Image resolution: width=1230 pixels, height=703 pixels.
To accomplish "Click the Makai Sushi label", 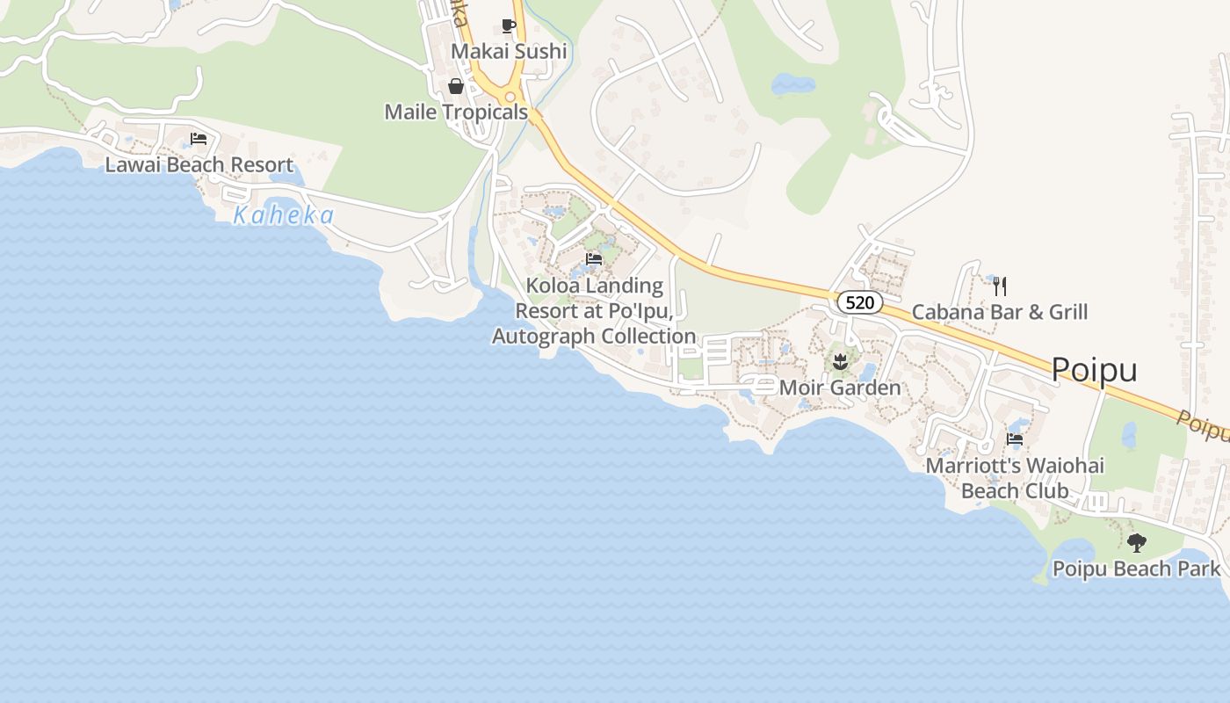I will click(x=508, y=52).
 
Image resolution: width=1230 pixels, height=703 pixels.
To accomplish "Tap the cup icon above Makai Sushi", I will click(x=508, y=25).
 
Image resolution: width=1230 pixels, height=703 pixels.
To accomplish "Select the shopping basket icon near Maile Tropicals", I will click(x=456, y=86).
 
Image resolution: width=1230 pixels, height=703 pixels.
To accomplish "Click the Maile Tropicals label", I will click(x=456, y=112).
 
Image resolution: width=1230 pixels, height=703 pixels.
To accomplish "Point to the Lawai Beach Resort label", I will click(x=199, y=165).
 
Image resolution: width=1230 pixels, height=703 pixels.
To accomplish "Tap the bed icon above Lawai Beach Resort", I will click(x=199, y=139).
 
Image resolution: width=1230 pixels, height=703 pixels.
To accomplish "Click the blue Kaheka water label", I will click(x=284, y=215).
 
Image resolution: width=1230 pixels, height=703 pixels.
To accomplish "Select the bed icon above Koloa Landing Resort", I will click(x=594, y=259).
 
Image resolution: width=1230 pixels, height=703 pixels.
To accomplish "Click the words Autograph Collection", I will click(x=594, y=337).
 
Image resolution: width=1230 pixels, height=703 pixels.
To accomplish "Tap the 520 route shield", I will click(x=859, y=303).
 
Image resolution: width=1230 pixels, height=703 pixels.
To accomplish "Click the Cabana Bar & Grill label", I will click(x=999, y=312).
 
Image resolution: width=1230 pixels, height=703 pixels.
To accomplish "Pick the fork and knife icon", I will click(x=999, y=286).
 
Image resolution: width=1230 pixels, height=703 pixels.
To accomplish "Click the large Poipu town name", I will click(x=1094, y=370).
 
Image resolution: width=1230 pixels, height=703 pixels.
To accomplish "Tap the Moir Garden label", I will click(x=840, y=388).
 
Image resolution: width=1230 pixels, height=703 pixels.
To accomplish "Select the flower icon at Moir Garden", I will click(x=840, y=360).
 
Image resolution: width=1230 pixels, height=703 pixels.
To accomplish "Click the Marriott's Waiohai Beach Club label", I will click(x=1015, y=478).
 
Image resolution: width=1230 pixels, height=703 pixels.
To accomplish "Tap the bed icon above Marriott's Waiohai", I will click(x=1015, y=439).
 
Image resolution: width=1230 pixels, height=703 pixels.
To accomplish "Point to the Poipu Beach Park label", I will click(x=1136, y=569).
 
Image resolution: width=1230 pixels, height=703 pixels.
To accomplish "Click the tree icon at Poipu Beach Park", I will click(x=1136, y=543).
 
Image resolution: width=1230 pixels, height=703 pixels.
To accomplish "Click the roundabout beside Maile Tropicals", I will click(x=510, y=98).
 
